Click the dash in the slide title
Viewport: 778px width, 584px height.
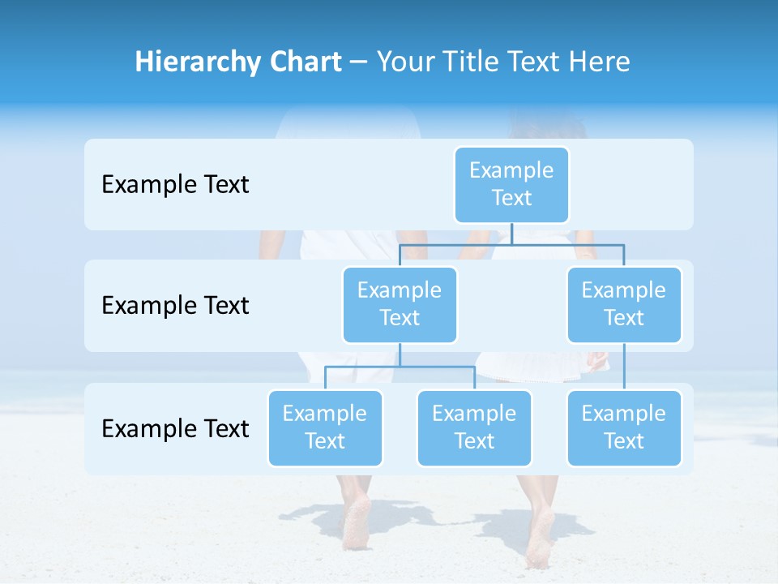click(x=359, y=62)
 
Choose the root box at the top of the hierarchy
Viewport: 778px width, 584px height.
click(x=511, y=184)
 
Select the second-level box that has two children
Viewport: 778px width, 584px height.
click(x=400, y=304)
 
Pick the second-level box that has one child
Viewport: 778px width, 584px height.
click(x=624, y=304)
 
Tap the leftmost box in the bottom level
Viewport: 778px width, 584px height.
click(x=325, y=427)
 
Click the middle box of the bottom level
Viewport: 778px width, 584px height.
click(x=474, y=427)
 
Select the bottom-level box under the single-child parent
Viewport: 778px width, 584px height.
click(x=624, y=427)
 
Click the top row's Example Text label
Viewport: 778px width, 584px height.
click(x=175, y=184)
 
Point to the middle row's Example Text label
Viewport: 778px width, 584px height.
click(x=175, y=305)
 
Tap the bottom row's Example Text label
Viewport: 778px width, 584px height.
click(x=175, y=428)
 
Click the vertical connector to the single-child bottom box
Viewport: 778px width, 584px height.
click(x=624, y=367)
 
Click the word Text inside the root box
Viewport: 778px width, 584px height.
click(x=511, y=198)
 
